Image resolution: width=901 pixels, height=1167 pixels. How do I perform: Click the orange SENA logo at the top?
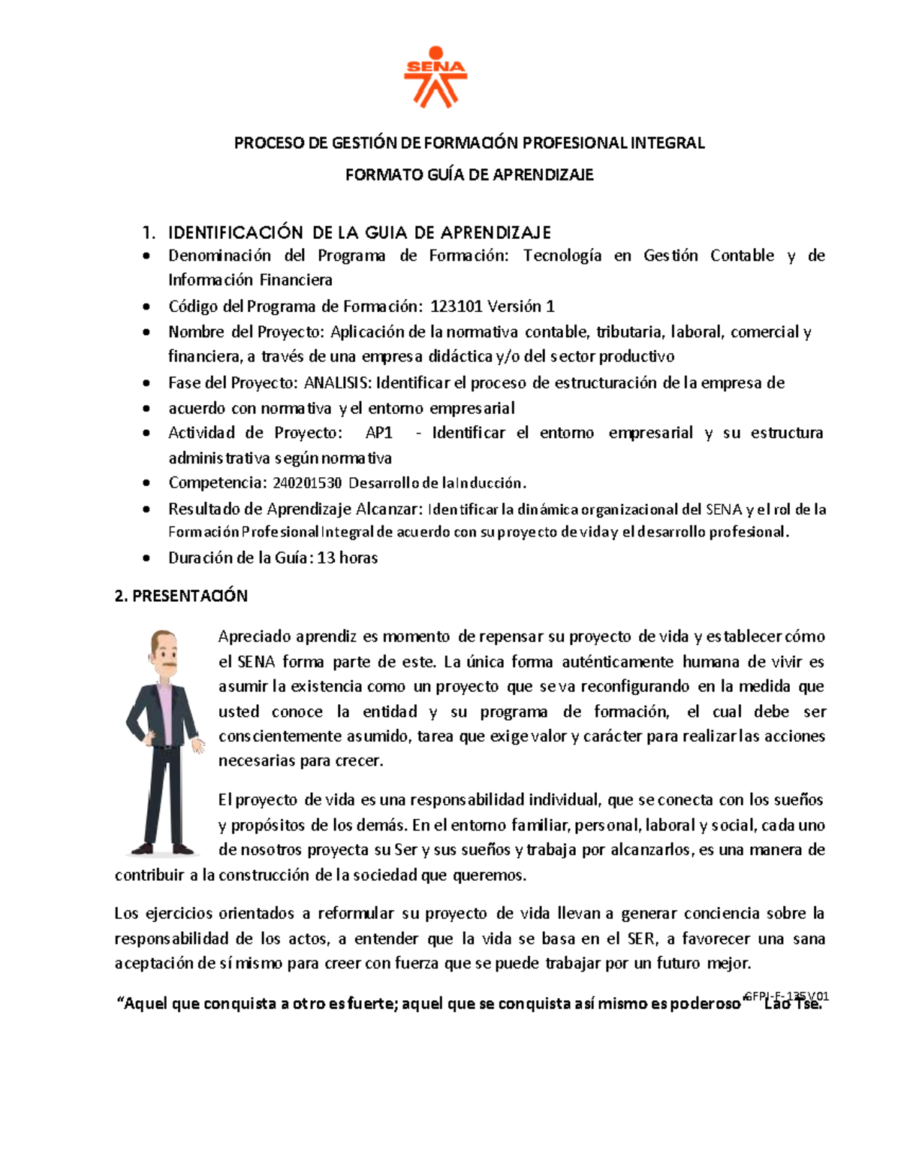(x=435, y=77)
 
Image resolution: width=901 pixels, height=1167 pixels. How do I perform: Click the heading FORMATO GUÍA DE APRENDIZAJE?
(x=469, y=175)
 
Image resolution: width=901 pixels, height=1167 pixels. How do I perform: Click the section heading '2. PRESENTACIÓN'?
(x=181, y=596)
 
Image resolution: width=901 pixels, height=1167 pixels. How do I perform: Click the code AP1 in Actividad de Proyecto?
(x=379, y=433)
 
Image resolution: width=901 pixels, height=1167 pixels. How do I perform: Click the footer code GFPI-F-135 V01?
(x=787, y=996)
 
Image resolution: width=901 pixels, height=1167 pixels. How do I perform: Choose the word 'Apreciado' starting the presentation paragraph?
(x=254, y=636)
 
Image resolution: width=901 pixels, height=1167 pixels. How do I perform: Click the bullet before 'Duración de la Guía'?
(x=146, y=559)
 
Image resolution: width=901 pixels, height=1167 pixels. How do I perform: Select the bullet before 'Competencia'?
(x=146, y=484)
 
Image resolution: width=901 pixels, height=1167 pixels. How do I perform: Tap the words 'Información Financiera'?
(x=250, y=280)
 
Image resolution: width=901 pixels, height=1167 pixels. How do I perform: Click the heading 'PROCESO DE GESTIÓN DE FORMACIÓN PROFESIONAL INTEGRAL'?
(x=469, y=143)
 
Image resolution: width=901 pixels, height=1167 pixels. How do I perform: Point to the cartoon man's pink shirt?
(x=164, y=714)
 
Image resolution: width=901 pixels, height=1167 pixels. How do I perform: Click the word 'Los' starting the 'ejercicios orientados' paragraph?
(x=126, y=914)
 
